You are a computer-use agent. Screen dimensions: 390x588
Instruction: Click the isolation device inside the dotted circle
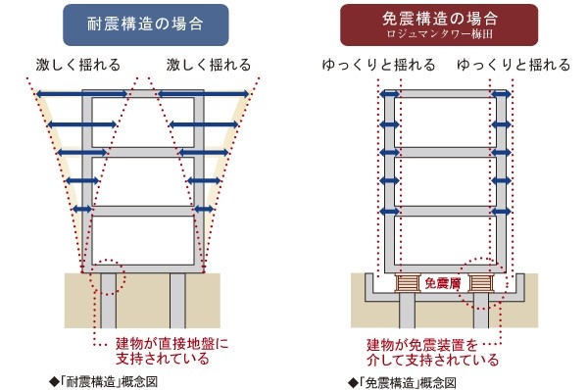(x=481, y=284)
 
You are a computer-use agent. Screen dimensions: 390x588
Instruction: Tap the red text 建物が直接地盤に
(x=171, y=344)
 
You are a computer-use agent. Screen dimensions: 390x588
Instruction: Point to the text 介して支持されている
(x=432, y=360)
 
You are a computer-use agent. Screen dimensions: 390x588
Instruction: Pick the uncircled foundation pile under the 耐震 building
(x=179, y=304)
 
